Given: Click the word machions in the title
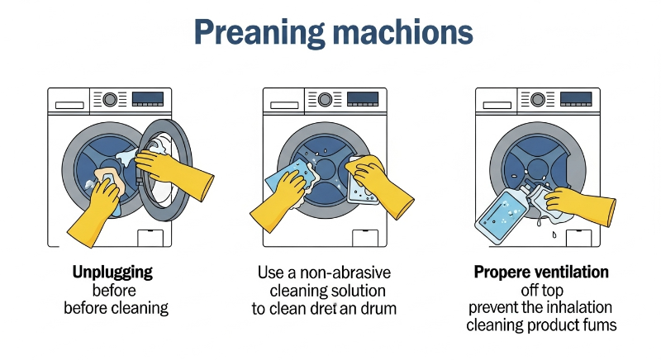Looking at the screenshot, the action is (403, 32).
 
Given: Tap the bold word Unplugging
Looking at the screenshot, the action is (112, 272).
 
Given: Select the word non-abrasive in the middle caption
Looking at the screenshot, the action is (345, 272).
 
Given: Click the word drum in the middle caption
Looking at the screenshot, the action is (378, 309).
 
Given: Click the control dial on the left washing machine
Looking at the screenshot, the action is (110, 100).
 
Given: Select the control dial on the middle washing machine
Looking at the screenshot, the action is (325, 100).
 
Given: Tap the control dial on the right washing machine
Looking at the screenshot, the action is (538, 100).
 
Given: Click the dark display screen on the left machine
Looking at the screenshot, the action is (148, 99).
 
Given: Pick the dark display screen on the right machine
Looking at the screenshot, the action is (576, 99).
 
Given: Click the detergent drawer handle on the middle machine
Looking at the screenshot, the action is (284, 105).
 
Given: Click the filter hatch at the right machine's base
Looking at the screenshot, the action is (579, 239).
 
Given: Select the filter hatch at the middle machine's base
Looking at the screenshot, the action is (365, 239).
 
